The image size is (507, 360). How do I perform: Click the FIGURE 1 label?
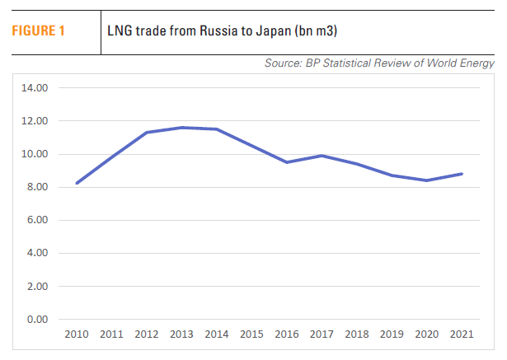click(x=37, y=32)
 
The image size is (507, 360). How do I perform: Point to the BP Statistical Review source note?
click(x=379, y=63)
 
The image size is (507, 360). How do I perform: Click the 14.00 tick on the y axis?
click(x=36, y=88)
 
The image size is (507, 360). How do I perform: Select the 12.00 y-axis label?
click(x=36, y=121)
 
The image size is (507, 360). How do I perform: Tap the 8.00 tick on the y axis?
click(x=36, y=187)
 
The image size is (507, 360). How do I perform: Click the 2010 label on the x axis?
click(x=76, y=335)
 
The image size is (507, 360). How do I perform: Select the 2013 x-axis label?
click(x=182, y=335)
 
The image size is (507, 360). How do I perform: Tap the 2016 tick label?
click(x=287, y=335)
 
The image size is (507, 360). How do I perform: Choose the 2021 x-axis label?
click(x=462, y=335)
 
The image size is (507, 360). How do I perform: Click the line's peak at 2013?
click(x=182, y=128)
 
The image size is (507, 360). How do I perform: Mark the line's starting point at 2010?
click(x=77, y=183)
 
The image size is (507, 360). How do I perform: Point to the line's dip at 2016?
click(x=287, y=162)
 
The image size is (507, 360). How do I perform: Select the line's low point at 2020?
click(x=427, y=180)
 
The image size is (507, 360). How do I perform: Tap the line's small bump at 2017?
click(x=322, y=156)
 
